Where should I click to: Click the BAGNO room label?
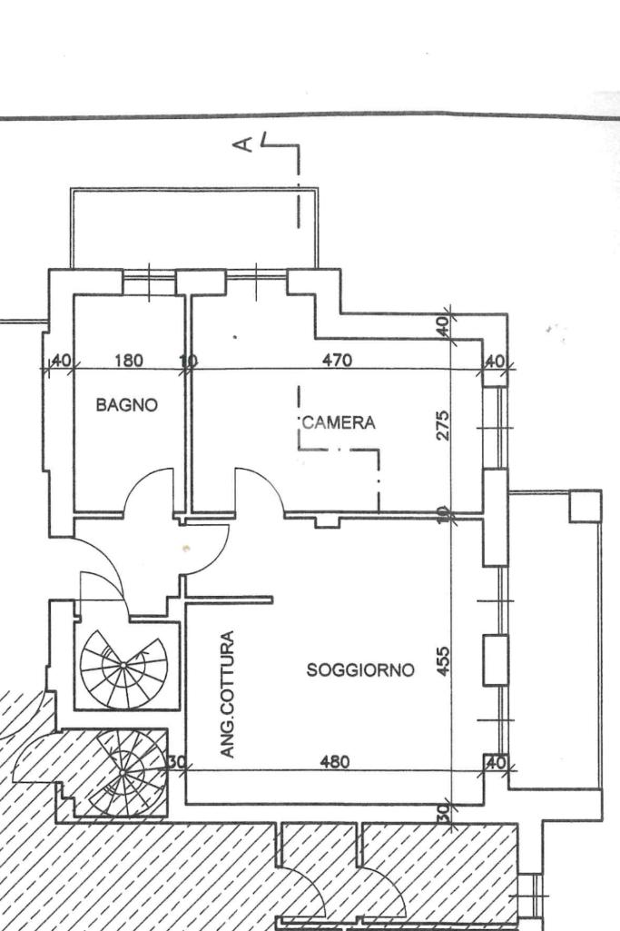[x=126, y=405]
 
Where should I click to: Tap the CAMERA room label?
[x=339, y=422]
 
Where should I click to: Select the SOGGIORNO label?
[x=360, y=670]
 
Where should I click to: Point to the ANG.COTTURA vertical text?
[x=228, y=695]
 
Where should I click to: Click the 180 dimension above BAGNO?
[x=128, y=361]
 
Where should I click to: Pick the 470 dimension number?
[x=338, y=361]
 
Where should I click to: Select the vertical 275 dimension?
[x=443, y=424]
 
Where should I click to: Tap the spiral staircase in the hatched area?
[x=130, y=764]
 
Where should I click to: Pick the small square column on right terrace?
[x=585, y=506]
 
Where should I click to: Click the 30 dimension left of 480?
[x=176, y=763]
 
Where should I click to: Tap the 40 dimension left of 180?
[x=61, y=361]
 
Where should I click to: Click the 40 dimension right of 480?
[x=495, y=763]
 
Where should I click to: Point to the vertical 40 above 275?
[x=442, y=326]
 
